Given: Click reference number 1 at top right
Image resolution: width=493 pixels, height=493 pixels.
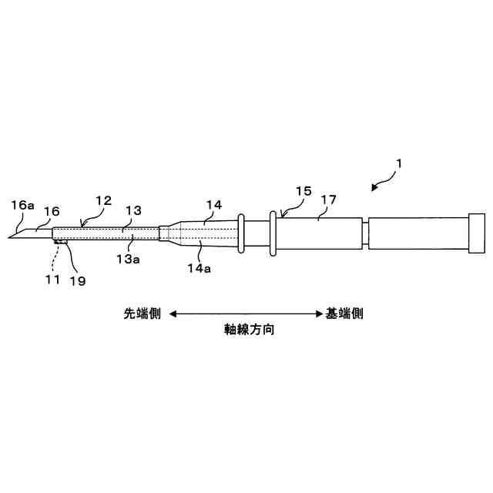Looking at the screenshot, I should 399,163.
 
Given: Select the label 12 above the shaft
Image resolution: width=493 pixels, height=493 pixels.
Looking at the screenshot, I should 103,200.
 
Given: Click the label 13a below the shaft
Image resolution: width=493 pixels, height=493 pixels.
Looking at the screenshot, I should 127,259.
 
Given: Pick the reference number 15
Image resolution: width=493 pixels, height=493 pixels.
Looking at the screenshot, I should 303,189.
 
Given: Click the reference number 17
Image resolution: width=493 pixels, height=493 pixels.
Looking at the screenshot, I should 329,200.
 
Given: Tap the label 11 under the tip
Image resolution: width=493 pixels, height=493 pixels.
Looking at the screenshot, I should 52,279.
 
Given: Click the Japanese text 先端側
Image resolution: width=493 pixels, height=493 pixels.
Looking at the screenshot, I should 142,314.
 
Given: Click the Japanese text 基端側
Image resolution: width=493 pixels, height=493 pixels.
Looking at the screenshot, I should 344,314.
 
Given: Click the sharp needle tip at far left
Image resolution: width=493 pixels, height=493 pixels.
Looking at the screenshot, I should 10,236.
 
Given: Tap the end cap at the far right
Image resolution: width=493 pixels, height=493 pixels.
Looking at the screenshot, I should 478,233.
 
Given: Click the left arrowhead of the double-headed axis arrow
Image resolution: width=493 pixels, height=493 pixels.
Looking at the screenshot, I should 173,314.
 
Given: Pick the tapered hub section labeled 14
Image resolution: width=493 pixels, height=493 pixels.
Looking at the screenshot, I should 200,233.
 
